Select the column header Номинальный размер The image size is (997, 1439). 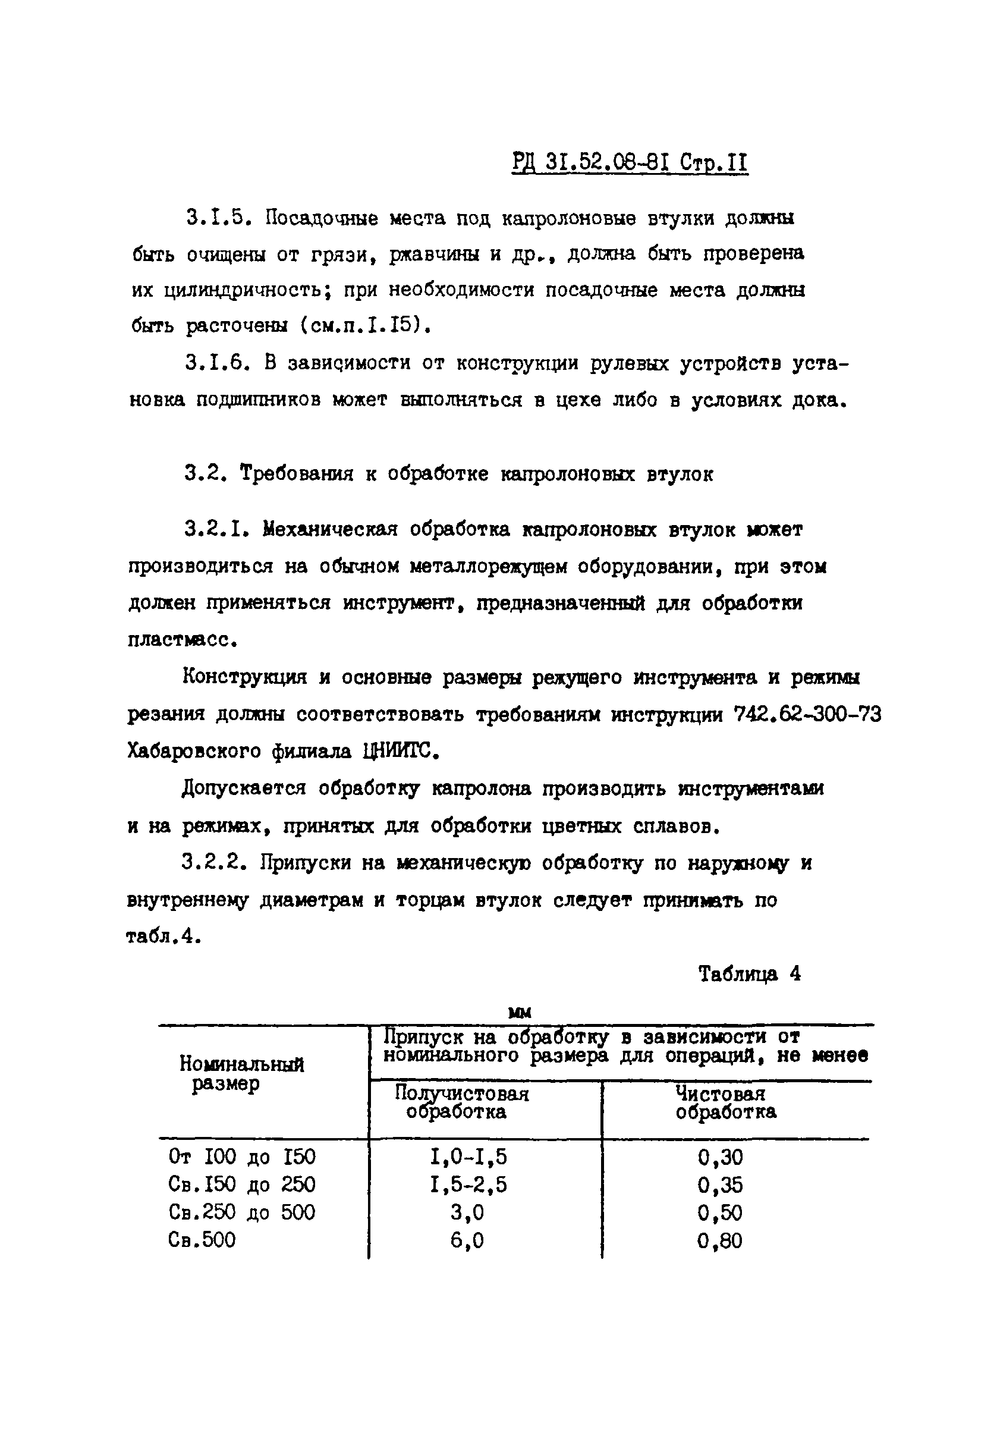click(x=241, y=1073)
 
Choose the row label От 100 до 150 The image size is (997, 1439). click(x=242, y=1157)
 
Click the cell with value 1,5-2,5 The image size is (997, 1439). click(x=468, y=1184)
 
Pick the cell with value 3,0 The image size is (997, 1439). click(x=467, y=1212)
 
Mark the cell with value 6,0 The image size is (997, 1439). click(x=467, y=1240)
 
